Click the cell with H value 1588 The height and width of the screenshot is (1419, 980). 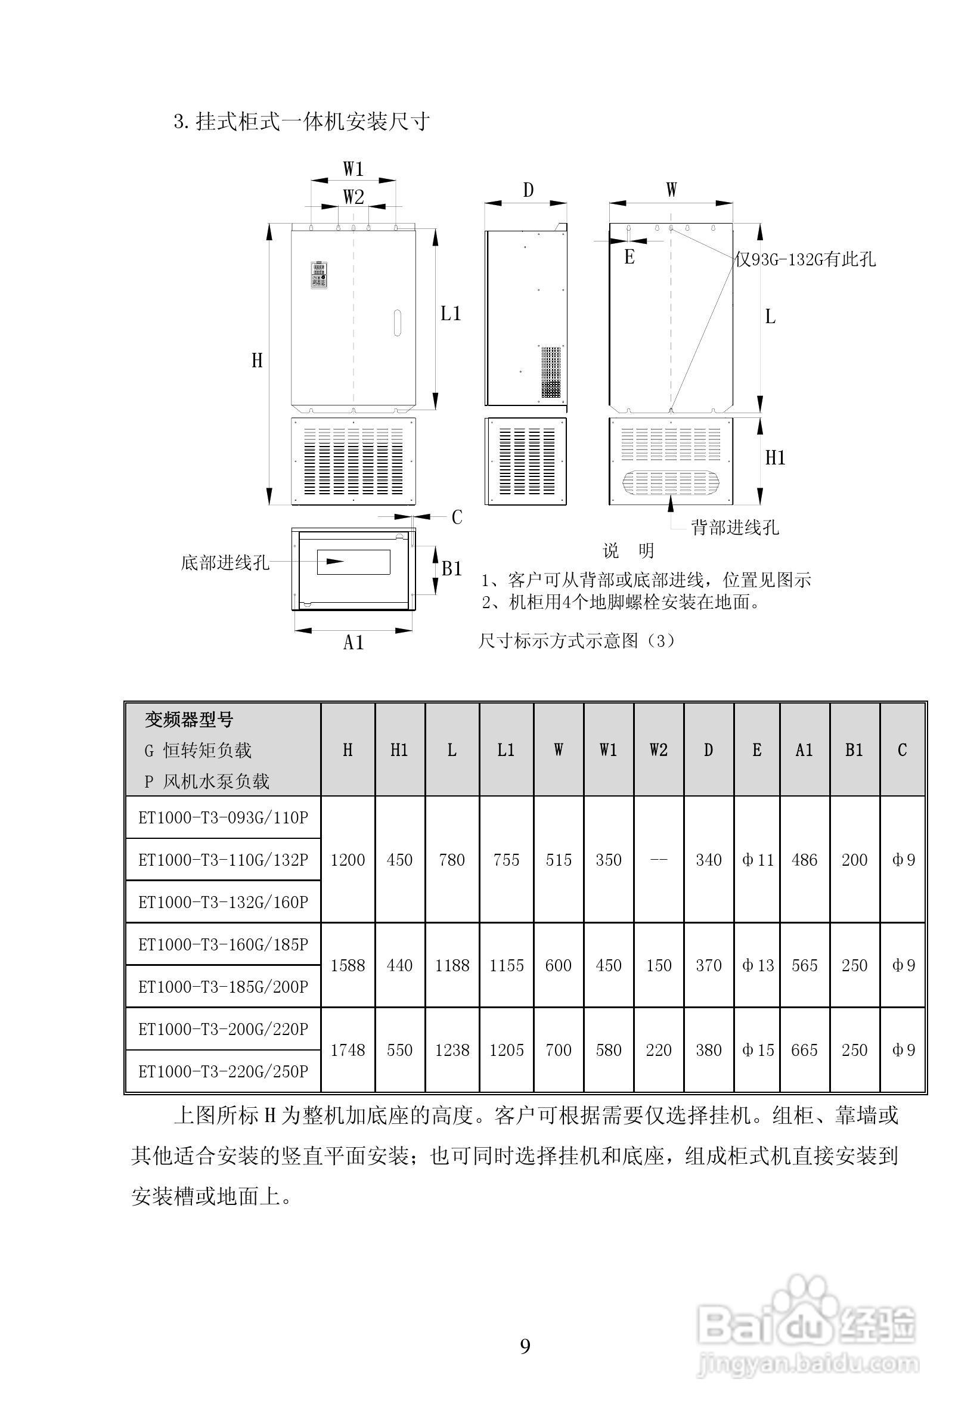pos(348,965)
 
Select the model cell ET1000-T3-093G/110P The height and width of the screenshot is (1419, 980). pos(223,817)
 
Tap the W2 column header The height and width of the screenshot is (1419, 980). pos(658,749)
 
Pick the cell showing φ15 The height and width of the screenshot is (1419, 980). pos(758,1050)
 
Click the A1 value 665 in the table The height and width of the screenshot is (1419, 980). pos(804,1050)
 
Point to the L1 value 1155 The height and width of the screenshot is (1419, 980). pos(506,965)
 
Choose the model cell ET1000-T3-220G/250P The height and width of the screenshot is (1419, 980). pos(223,1071)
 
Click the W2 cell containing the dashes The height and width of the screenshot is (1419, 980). pos(658,860)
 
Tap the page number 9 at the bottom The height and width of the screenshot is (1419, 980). pos(525,1346)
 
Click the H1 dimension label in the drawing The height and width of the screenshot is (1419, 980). pos(775,457)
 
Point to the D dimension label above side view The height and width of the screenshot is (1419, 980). pos(528,190)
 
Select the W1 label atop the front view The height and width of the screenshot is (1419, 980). pos(353,169)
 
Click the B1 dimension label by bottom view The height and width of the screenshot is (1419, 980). pos(452,569)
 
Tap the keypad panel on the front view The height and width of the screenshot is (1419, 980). pos(319,275)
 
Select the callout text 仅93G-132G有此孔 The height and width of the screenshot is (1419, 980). pos(805,260)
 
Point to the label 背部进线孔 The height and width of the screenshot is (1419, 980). pos(735,527)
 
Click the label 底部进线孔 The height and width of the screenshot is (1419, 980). pos(225,562)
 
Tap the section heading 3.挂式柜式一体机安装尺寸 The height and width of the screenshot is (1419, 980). pos(302,122)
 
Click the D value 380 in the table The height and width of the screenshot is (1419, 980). pos(708,1050)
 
